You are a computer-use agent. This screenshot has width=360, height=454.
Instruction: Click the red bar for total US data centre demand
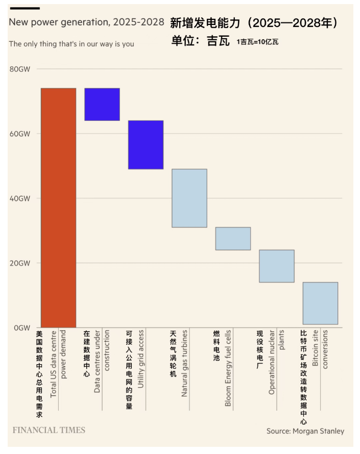58,208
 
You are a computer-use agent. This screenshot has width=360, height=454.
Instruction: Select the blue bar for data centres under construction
102,104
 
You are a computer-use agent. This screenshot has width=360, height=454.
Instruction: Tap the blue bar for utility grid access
146,144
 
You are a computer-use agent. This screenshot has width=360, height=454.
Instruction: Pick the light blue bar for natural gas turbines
189,198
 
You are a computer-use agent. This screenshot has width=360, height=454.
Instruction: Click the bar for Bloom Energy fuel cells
233,238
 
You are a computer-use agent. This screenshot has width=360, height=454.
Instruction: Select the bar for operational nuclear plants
277,266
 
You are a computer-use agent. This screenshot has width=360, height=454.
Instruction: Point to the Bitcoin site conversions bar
320,303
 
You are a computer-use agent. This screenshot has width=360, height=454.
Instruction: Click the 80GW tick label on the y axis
20,69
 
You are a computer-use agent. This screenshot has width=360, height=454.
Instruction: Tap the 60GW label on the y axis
20,134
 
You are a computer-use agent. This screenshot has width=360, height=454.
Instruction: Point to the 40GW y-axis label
20,198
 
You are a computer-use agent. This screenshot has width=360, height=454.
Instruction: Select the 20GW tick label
20,263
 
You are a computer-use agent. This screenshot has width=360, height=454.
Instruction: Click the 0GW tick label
20,328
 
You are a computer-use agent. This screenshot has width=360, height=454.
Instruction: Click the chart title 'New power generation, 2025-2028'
86,22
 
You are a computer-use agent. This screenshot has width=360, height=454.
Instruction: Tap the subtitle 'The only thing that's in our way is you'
71,44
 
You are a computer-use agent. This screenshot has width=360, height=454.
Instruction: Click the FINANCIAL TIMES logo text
49,430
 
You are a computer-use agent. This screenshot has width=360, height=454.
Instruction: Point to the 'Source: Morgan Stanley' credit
305,431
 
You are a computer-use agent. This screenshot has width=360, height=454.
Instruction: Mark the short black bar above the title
25,8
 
